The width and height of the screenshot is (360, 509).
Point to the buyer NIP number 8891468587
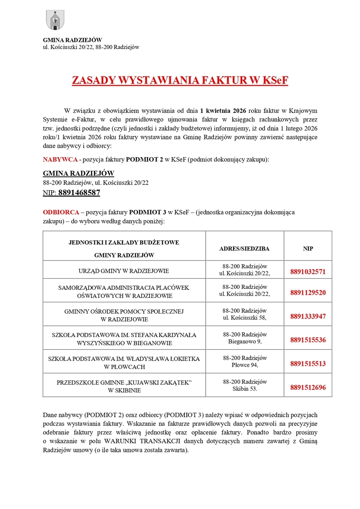pos(79,193)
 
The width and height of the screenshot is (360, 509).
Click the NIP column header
pos(308,248)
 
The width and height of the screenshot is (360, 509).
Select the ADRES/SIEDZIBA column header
pos(244,248)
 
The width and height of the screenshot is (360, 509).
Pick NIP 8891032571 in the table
pos(308,272)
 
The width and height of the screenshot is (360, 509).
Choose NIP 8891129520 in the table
pos(308,293)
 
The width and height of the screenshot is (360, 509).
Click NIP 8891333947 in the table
pos(308,316)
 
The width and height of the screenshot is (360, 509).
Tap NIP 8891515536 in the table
pos(308,340)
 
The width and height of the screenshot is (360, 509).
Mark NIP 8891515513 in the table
pos(308,364)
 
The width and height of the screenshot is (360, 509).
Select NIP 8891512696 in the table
pos(308,387)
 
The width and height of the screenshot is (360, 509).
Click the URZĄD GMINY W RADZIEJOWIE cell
pos(124,271)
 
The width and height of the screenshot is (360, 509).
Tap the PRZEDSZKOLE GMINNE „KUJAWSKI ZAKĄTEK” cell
pos(124,386)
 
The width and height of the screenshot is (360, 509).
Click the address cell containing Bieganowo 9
pos(244,338)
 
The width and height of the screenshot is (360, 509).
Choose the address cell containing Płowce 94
pos(244,362)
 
